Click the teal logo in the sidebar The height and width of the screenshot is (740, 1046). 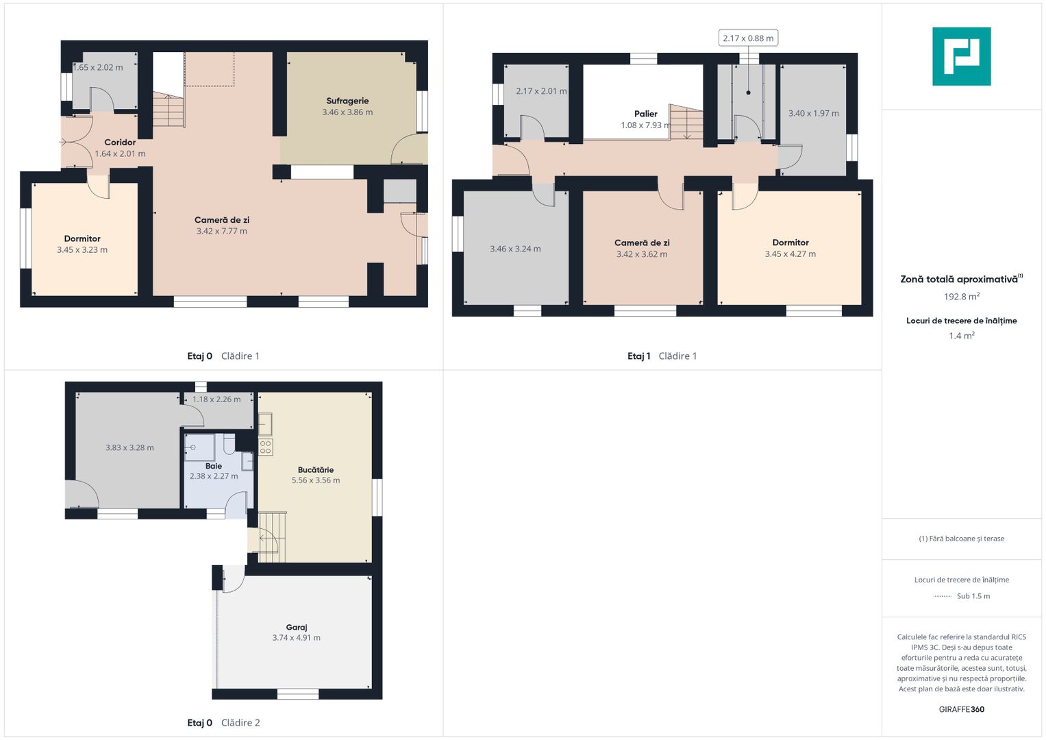(x=962, y=56)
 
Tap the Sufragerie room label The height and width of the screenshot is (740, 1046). (x=347, y=101)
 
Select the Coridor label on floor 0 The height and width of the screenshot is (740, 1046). (x=120, y=143)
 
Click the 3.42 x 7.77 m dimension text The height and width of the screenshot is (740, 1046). (x=222, y=232)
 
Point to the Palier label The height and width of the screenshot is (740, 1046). (x=646, y=114)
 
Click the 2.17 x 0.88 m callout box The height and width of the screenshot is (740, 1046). (x=748, y=38)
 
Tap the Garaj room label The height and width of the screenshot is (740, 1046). (x=297, y=628)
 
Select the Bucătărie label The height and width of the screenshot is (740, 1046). (x=316, y=470)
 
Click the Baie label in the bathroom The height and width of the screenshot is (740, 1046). (x=214, y=466)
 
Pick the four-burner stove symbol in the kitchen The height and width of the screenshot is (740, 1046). (x=265, y=447)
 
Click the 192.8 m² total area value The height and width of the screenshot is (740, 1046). (x=962, y=297)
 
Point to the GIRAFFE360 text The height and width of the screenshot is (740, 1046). (x=962, y=709)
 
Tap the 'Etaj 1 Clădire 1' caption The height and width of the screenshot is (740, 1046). (x=662, y=356)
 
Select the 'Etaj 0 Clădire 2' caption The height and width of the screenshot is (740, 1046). (x=223, y=723)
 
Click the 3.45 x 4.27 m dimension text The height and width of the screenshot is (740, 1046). (x=790, y=254)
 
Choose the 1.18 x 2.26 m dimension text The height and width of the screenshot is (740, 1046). (x=216, y=399)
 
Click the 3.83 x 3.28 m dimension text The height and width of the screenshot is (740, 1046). (x=129, y=447)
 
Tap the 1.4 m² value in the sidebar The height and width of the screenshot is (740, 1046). (x=962, y=336)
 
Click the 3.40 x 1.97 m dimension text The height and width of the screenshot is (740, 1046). (x=814, y=114)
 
